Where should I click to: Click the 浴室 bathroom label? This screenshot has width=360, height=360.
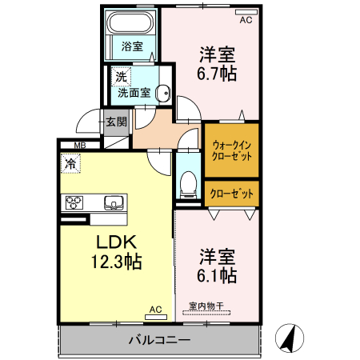point(132,47)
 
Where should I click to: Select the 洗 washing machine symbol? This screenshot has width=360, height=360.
point(119,78)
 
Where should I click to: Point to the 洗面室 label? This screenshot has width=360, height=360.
point(134,93)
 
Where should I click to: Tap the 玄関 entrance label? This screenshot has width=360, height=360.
point(117,122)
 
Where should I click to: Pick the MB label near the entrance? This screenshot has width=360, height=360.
point(79,145)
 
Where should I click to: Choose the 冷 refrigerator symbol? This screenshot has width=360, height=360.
point(71,164)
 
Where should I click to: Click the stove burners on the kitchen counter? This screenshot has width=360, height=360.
point(74,202)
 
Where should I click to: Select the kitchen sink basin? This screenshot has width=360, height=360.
point(112,201)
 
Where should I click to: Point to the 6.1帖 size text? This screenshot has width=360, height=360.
point(217,276)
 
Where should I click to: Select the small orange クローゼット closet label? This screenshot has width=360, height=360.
point(232,193)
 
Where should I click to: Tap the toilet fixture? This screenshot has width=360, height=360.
point(188,183)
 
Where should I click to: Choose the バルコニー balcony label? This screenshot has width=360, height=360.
point(159,340)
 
